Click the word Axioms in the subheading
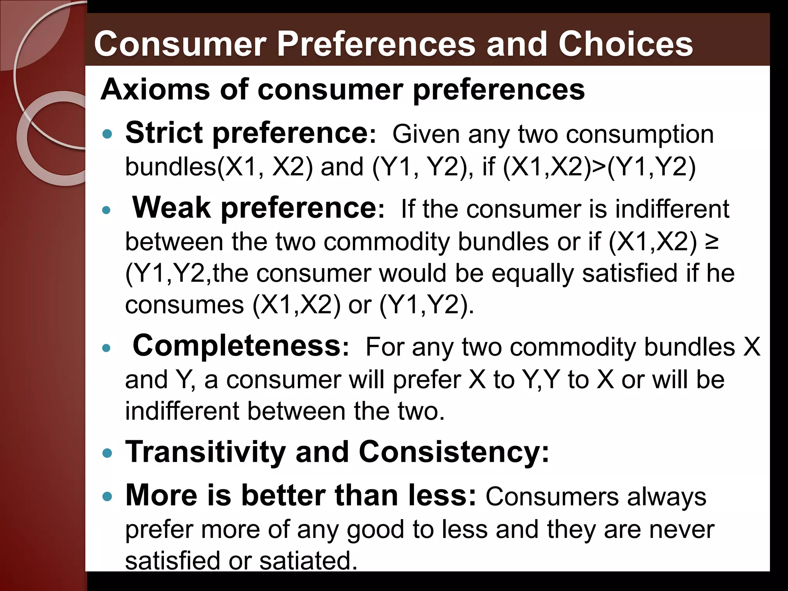pos(155,90)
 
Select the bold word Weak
pos(172,208)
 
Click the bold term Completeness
pos(237,346)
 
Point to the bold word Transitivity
pos(206,452)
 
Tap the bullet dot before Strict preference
pos(107,134)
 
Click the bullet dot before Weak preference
pos(107,210)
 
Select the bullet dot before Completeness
pos(107,348)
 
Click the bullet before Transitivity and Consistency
pos(107,453)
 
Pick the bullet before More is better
pos(107,497)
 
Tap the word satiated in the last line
pos(306,561)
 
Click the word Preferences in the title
pos(376,44)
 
